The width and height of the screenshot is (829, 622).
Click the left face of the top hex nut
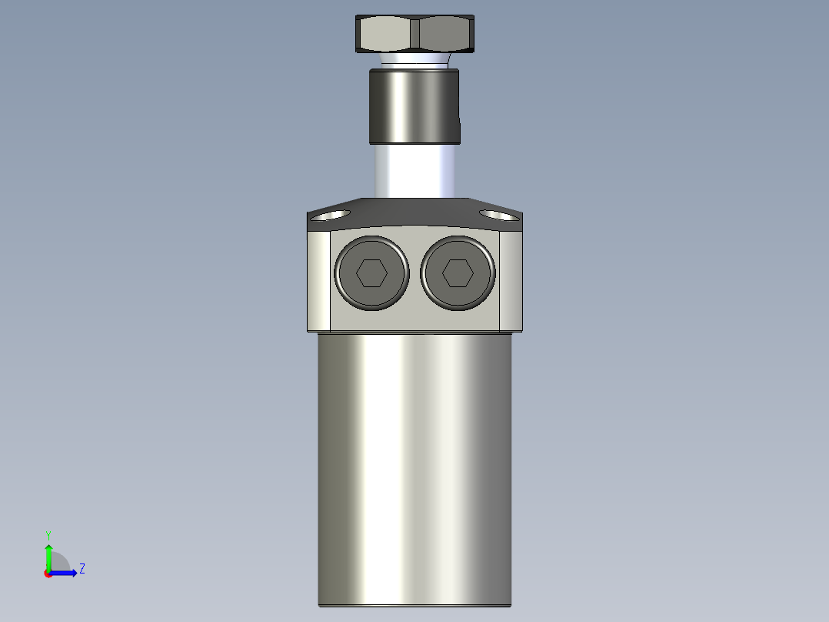click(x=384, y=34)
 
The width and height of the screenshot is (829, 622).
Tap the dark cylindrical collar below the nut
click(x=414, y=106)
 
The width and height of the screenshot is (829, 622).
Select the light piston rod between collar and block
click(x=414, y=171)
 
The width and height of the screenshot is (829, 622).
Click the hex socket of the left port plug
click(x=371, y=273)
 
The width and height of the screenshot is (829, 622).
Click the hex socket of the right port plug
click(x=458, y=273)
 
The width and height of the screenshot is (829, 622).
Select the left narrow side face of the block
click(x=318, y=280)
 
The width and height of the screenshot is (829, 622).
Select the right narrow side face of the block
click(x=511, y=280)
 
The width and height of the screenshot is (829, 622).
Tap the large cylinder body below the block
click(x=414, y=462)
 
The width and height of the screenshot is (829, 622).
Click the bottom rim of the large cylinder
click(x=414, y=605)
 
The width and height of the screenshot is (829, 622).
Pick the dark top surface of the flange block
click(x=414, y=212)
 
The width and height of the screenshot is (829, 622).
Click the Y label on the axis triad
click(x=48, y=534)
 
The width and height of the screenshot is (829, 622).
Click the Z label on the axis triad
click(x=82, y=569)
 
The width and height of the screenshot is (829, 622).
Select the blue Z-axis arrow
click(x=66, y=573)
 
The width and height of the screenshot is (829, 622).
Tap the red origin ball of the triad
click(x=48, y=574)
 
